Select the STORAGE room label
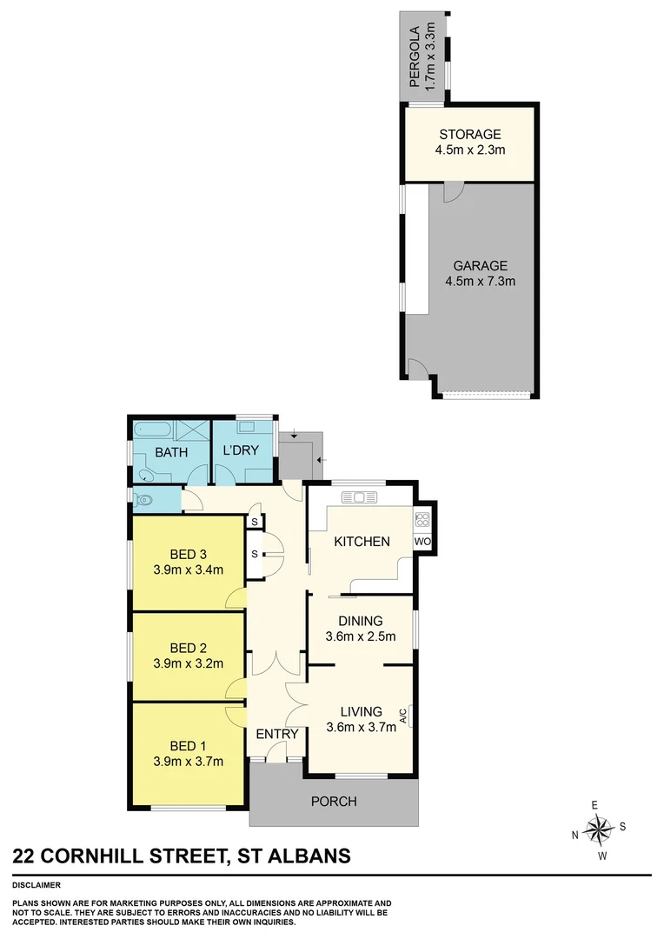coord(469,134)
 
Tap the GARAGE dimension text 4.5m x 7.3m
coord(480,282)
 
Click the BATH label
coord(172,451)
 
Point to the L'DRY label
coord(241,451)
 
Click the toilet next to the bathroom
coord(143,500)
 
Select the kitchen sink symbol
coord(357,497)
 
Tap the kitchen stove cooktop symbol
coord(423,520)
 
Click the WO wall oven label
coord(423,542)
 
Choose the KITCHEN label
coord(362,541)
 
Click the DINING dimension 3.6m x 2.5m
coord(361,636)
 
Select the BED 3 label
coord(188,555)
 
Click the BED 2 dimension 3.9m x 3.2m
coord(188,663)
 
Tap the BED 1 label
coord(188,747)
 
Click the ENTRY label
coord(276,734)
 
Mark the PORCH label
coord(334,801)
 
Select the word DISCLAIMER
coord(37,884)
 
